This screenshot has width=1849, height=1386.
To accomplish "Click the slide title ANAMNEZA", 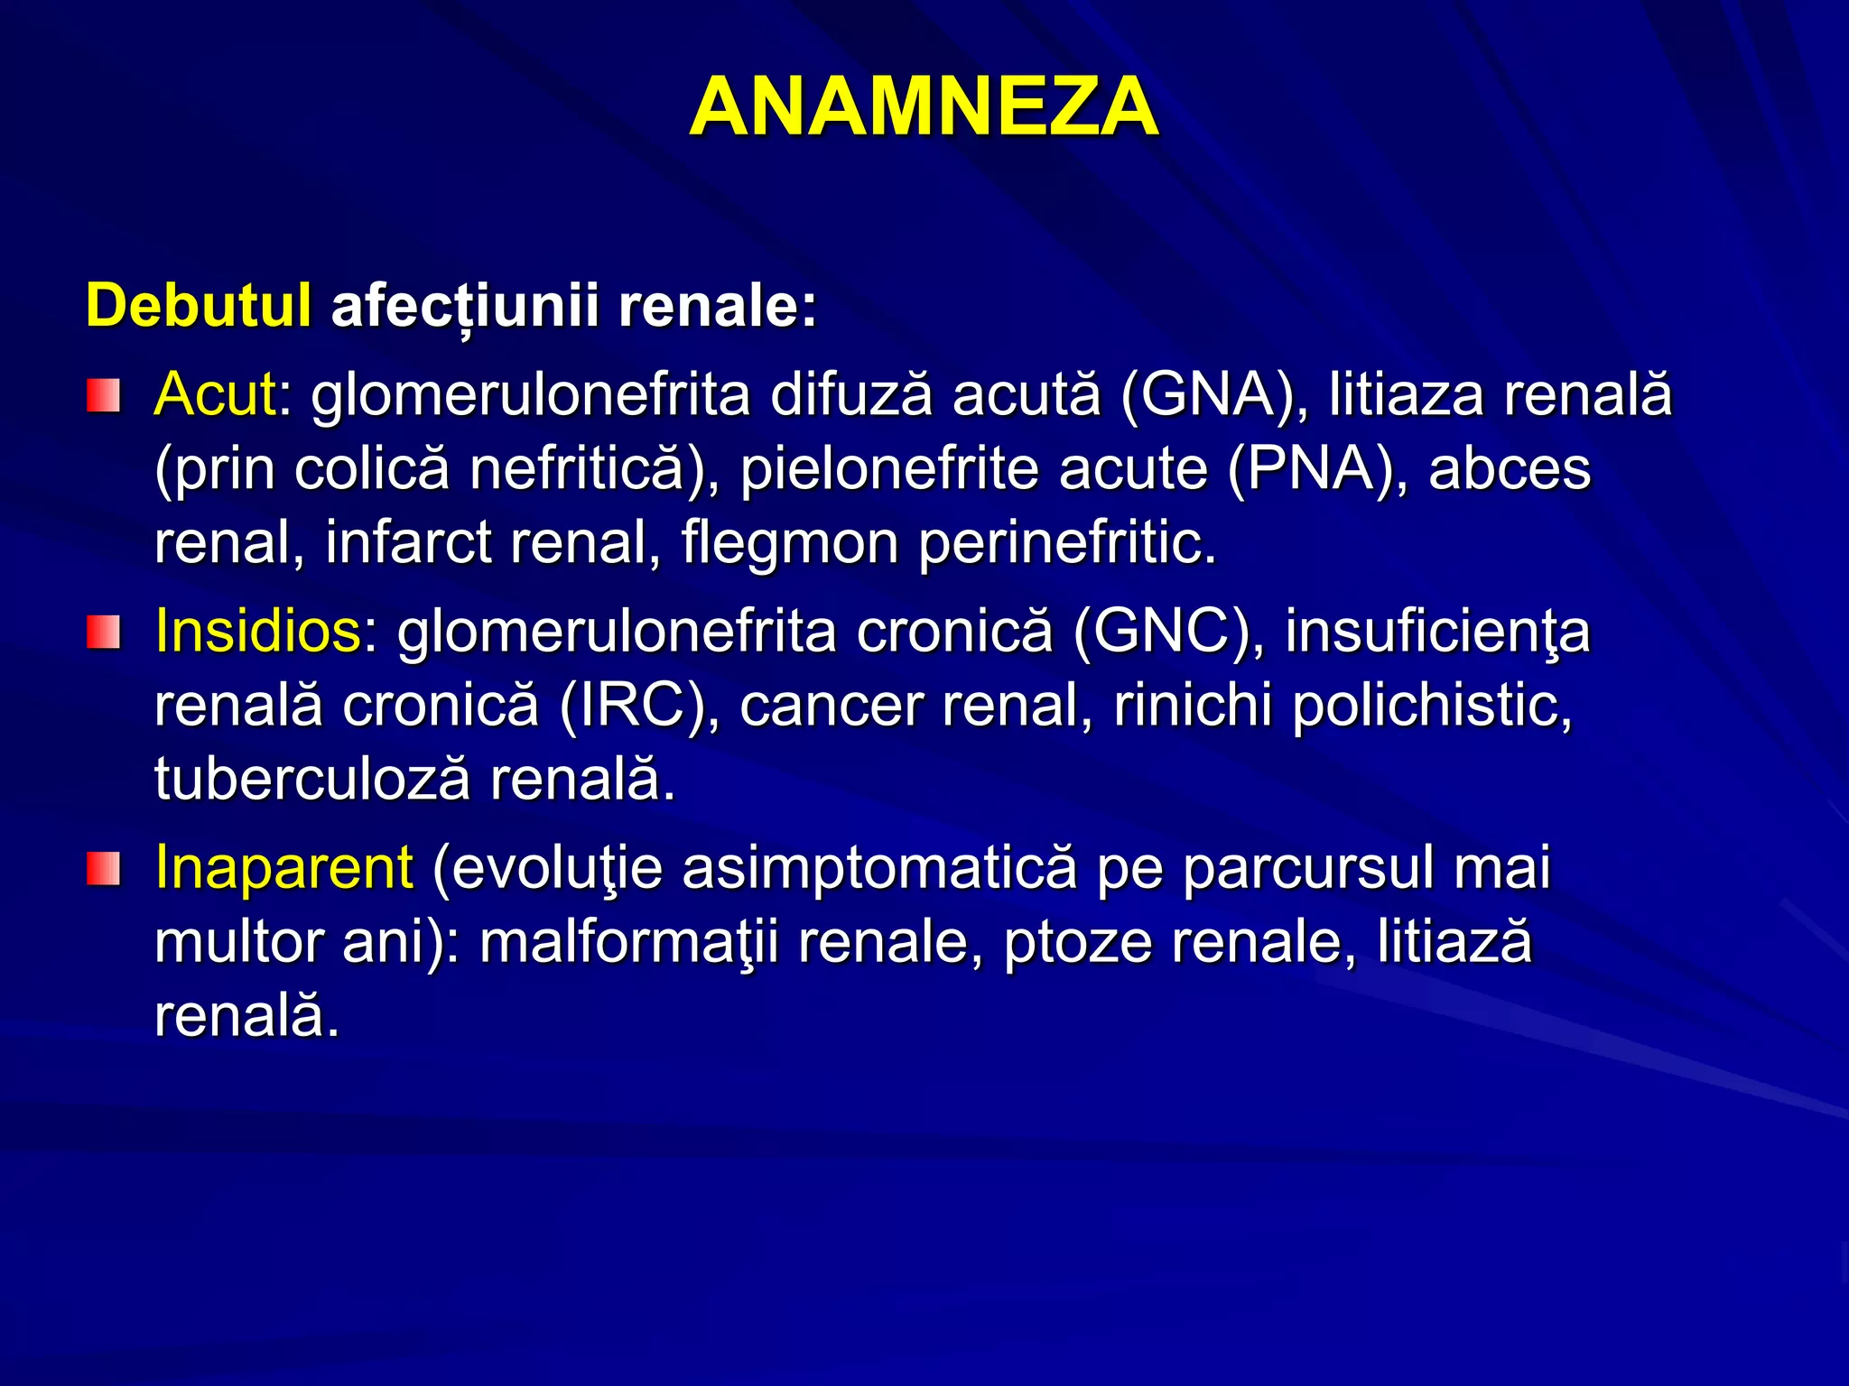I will pos(924,107).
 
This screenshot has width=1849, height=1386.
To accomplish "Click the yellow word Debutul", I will pos(199,305).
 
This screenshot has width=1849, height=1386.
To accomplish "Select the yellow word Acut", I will pos(215,395).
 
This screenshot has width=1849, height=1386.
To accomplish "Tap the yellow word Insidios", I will pos(258,631).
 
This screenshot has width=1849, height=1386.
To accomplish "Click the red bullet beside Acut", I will pos(103,396).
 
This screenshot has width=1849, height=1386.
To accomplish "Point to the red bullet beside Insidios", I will pos(103,632).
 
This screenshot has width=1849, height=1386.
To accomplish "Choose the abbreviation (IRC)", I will pos(638,705).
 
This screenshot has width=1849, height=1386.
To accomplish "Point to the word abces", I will pos(1510,469).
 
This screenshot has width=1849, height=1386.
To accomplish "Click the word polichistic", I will pos(1432,705).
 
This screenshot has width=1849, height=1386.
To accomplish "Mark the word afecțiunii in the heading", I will pos(465,307).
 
